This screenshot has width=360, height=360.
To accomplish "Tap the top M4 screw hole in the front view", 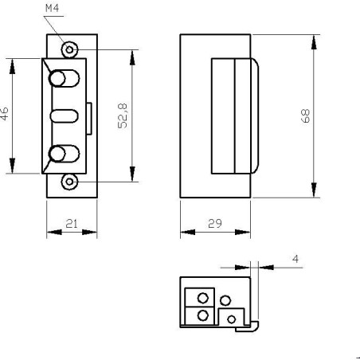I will point(70,49).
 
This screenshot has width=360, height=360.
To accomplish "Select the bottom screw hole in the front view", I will point(70,181).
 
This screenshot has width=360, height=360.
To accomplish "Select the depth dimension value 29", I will point(214,225).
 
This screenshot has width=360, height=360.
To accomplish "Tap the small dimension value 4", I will point(296,259).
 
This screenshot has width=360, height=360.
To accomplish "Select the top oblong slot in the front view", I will point(61,80).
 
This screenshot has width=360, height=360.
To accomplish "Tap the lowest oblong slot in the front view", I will point(61,153).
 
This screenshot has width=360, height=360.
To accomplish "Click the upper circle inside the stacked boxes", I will point(203,298).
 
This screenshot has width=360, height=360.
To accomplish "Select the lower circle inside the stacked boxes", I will point(203,315).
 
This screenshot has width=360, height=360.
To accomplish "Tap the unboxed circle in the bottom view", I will point(225,301).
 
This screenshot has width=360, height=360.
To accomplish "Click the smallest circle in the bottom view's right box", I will point(232,319).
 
